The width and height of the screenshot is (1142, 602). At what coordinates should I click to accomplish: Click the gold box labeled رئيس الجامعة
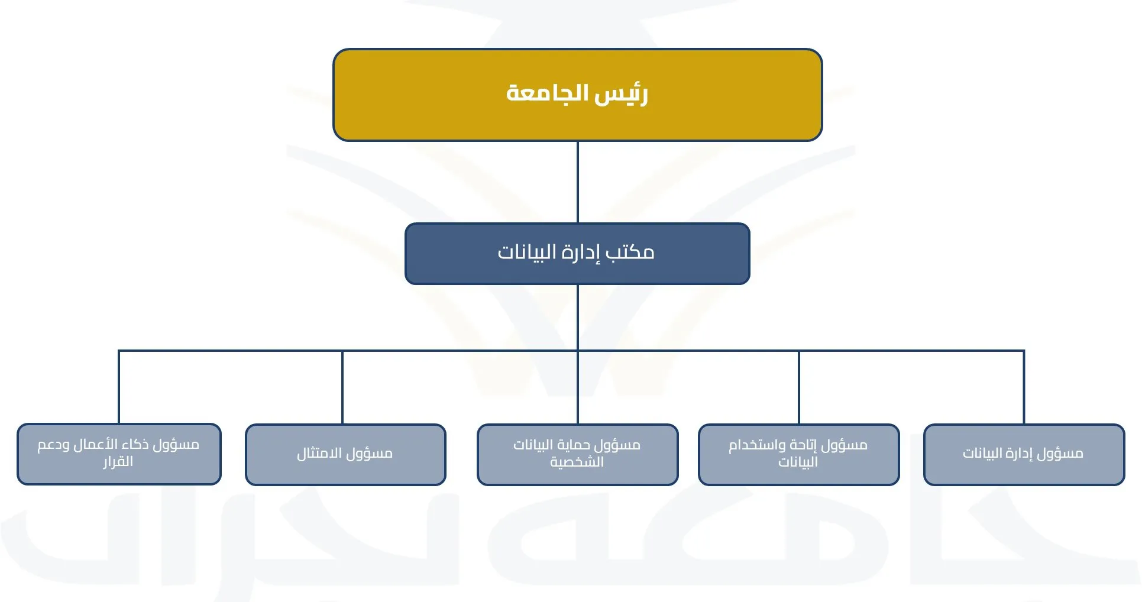click(x=577, y=95)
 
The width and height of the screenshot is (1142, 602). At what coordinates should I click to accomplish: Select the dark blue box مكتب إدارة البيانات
click(x=577, y=254)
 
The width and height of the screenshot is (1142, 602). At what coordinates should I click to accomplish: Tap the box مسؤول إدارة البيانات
click(x=1024, y=454)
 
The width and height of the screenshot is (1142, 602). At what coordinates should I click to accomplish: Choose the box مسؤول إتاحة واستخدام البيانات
click(x=798, y=454)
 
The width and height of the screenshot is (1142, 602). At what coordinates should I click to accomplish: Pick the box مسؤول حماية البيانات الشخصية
click(x=577, y=454)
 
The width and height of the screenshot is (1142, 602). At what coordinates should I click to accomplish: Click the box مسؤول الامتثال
click(x=345, y=454)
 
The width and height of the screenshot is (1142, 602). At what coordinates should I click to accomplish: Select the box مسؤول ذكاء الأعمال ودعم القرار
click(x=119, y=454)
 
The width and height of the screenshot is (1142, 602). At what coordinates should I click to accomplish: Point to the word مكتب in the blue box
click(x=630, y=253)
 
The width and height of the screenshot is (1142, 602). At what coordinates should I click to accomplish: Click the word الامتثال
click(x=320, y=454)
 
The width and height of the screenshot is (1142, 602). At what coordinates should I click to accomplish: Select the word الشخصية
click(x=577, y=462)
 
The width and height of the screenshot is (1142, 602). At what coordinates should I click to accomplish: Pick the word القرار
click(x=118, y=461)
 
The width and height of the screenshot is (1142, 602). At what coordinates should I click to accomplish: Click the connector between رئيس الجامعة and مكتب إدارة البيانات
click(x=578, y=182)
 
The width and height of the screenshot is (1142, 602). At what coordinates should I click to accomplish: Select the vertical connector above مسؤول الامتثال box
click(x=342, y=387)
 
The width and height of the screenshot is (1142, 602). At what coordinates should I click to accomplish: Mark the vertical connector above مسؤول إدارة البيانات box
click(x=1024, y=387)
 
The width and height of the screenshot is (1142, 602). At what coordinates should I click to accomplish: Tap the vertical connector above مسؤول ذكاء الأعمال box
click(x=119, y=387)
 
